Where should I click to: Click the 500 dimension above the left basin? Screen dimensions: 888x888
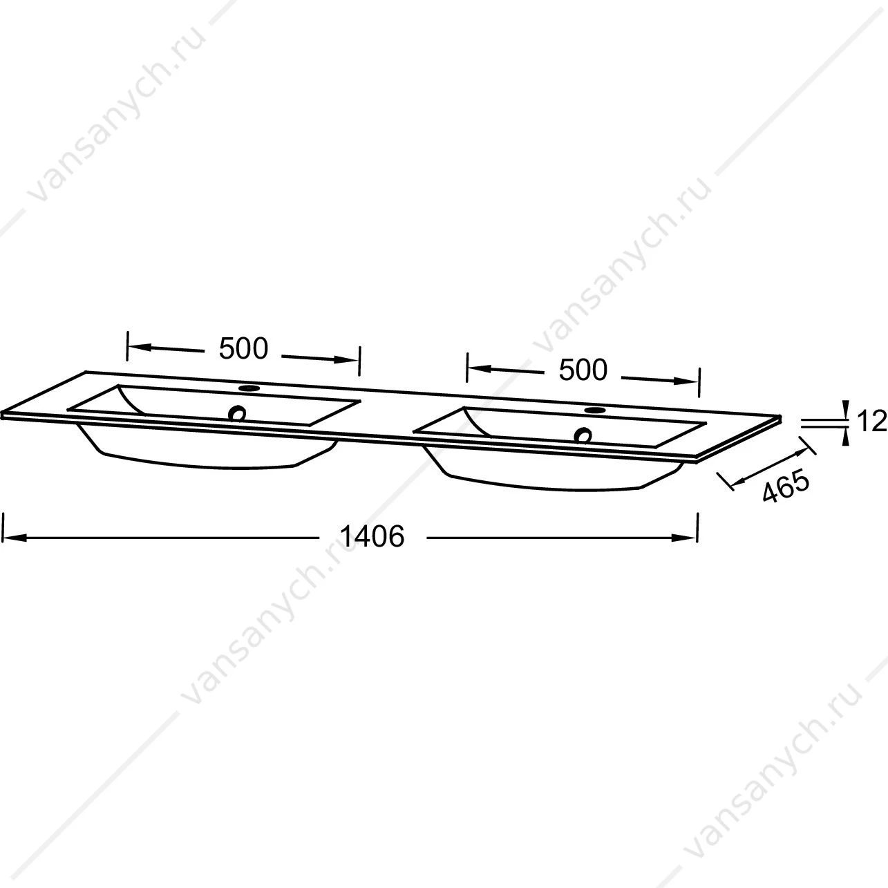pos(243,349)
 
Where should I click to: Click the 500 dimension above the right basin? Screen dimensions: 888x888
pos(583,370)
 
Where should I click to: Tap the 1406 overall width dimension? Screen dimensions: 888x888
pos(372,536)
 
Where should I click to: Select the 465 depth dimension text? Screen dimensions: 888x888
pos(786,485)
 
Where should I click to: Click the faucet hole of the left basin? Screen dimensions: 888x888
pos(249,388)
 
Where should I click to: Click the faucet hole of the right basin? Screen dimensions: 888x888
pos(594,410)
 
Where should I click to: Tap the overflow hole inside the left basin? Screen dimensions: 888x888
pos(238,413)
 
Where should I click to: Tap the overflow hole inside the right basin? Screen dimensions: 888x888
pos(584,435)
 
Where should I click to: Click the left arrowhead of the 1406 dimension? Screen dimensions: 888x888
pos(14,538)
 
